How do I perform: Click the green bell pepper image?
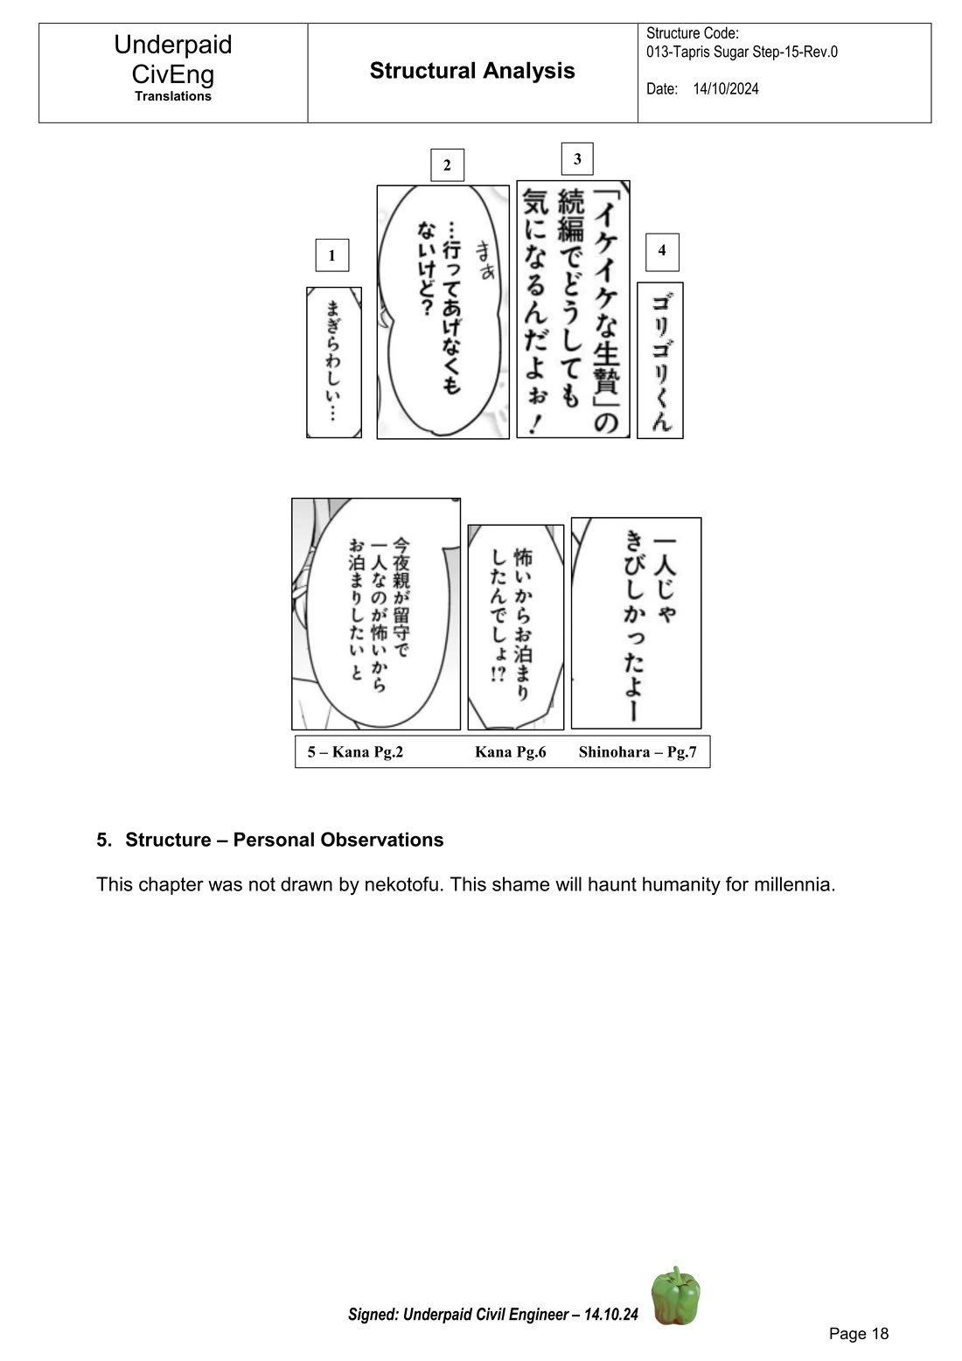[x=675, y=1295]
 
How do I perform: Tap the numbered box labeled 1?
[x=331, y=255]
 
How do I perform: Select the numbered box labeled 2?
[x=447, y=165]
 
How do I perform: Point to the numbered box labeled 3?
[x=577, y=159]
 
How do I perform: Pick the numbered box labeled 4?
[x=662, y=251]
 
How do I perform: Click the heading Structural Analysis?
[x=472, y=71]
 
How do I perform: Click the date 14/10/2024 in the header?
[x=726, y=89]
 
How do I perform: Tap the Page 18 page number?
[x=858, y=1333]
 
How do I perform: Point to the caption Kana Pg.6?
[x=510, y=752]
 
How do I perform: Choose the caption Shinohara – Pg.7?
[x=638, y=752]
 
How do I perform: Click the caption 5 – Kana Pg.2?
[x=355, y=752]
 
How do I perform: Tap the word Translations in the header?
[x=173, y=96]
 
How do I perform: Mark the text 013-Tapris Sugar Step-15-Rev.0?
[x=742, y=52]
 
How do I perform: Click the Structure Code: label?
[x=693, y=33]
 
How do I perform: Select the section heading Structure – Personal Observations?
[x=284, y=840]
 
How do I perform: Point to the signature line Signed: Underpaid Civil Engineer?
[x=493, y=1314]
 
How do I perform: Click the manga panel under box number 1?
[x=333, y=362]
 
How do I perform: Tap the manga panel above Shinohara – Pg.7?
[x=636, y=623]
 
